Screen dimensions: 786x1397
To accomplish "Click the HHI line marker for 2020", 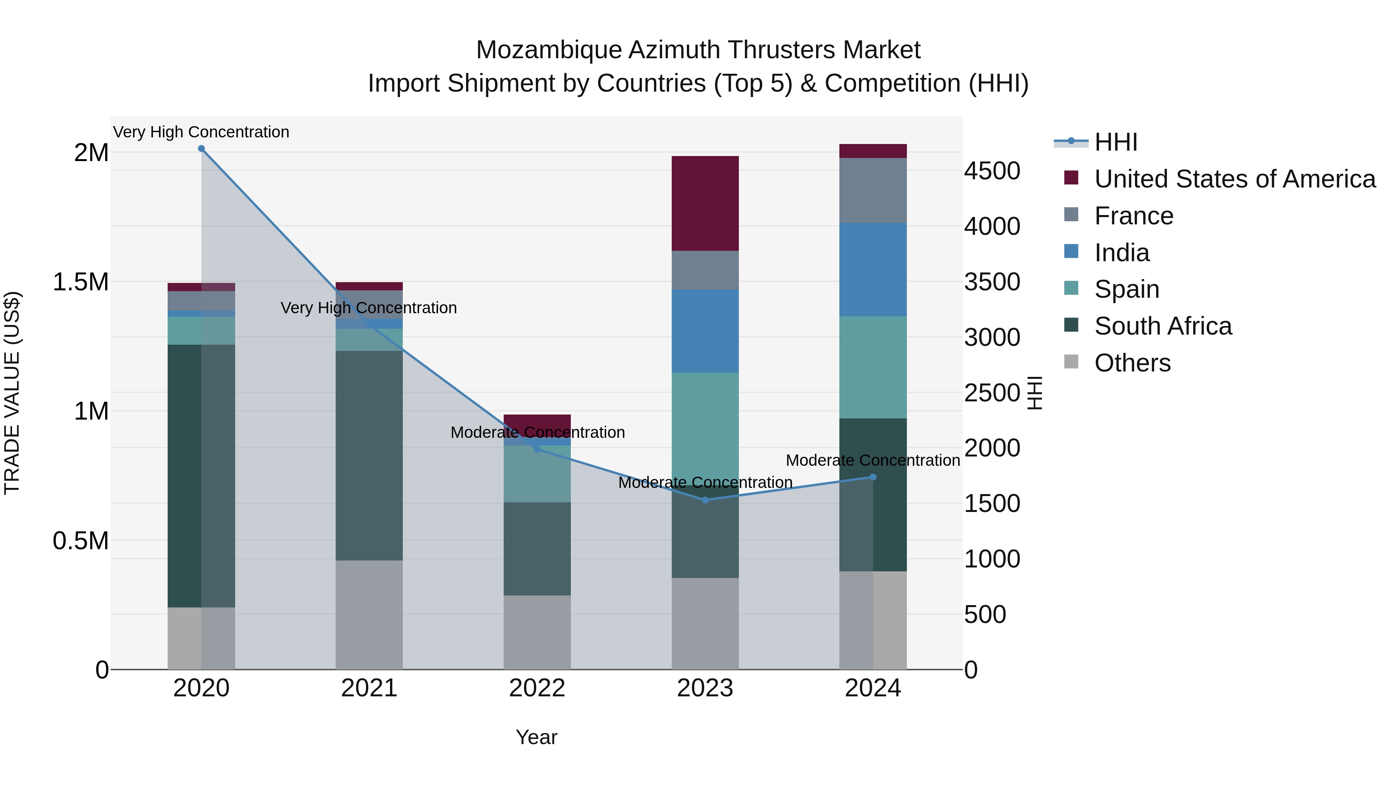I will tap(201, 149).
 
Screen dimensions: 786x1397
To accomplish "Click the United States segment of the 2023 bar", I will tap(705, 203).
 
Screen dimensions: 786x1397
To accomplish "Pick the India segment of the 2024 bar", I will tap(873, 270).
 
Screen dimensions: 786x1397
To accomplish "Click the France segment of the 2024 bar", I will tap(873, 191).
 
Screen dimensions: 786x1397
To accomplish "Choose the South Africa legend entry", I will tap(1163, 326).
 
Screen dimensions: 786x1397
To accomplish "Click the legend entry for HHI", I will tap(1115, 142).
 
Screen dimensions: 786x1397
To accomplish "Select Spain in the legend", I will tap(1127, 289).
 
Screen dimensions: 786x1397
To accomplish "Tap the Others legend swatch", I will tap(1071, 362).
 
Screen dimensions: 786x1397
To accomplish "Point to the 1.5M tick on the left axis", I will tap(80, 282).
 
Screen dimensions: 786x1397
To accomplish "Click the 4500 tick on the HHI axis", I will tap(992, 171).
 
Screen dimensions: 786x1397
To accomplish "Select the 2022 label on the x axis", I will tap(537, 688).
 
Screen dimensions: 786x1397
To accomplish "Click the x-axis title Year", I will tap(536, 737).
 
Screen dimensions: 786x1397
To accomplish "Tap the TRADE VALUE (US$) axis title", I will tap(12, 393).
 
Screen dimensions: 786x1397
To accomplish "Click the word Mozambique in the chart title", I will tap(548, 50).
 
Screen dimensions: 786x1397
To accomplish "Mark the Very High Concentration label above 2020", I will tap(201, 132).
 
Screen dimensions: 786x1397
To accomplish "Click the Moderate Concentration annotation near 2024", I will tap(873, 460).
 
